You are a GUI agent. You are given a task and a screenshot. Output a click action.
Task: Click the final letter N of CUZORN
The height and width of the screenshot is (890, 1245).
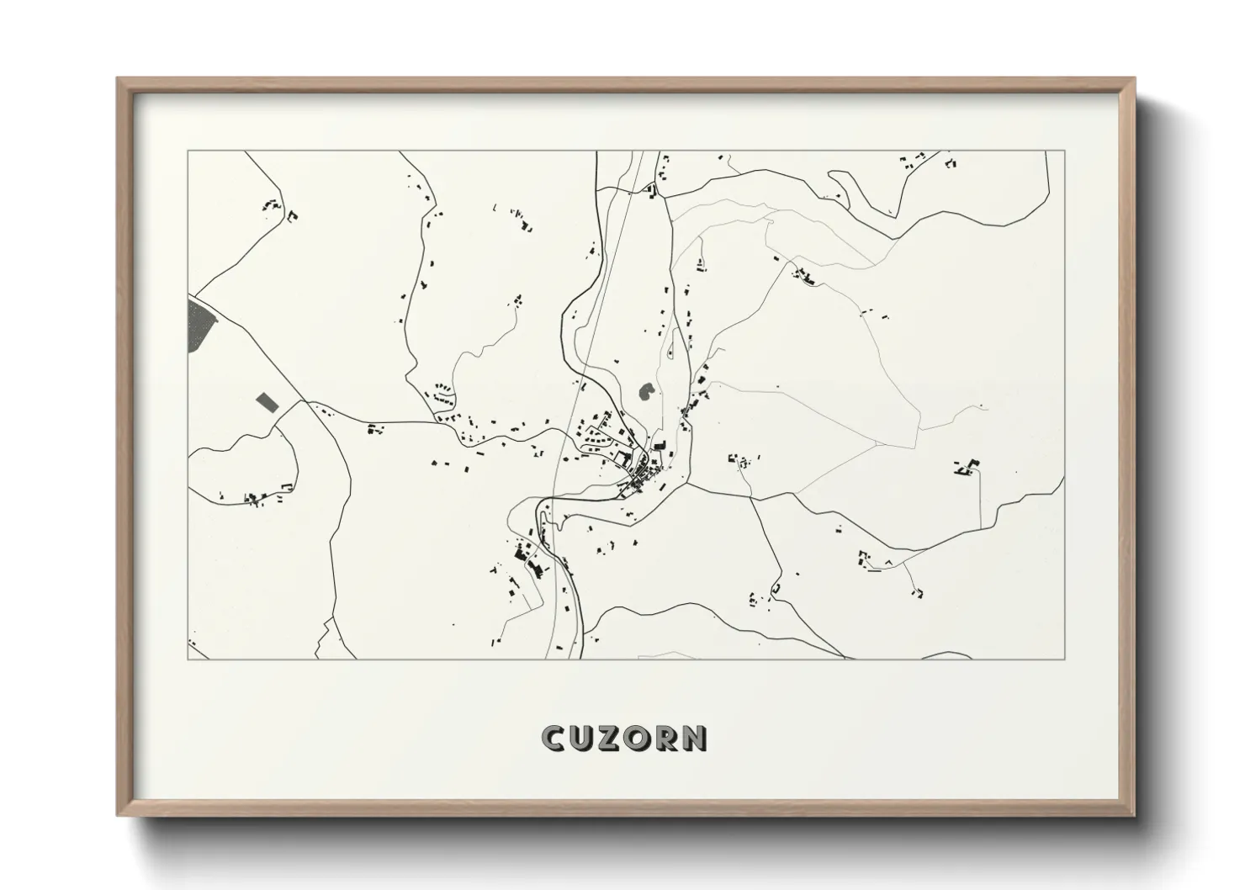click(693, 738)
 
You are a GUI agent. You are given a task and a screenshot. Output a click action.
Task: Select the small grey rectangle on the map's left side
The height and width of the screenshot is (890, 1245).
click(267, 400)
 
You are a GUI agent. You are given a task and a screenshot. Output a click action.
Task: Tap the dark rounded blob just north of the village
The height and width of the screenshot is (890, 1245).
click(647, 391)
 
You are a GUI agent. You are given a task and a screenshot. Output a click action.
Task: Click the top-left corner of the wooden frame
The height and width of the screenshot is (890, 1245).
click(119, 79)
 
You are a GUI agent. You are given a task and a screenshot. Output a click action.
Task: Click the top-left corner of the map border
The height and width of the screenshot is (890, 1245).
click(188, 151)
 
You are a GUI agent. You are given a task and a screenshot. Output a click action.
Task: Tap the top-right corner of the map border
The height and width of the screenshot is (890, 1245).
click(1064, 151)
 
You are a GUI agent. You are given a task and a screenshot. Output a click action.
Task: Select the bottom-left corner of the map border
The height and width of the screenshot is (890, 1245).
click(188, 659)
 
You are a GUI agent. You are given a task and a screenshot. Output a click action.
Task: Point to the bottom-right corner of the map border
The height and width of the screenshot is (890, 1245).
click(1064, 659)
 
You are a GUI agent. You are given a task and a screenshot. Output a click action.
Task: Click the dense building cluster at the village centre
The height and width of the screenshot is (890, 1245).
click(644, 474)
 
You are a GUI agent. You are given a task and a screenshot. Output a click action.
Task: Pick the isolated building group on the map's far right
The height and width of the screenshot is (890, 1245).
click(967, 468)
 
